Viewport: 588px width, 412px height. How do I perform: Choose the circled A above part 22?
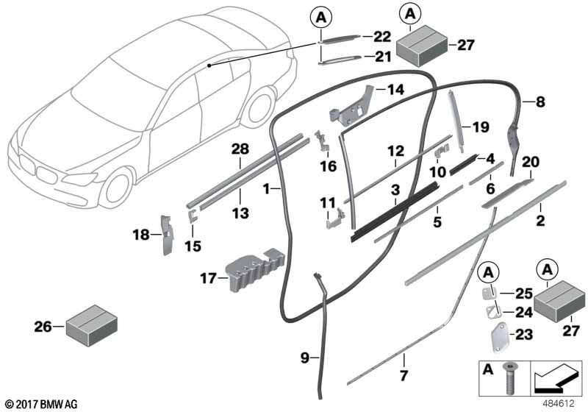321,15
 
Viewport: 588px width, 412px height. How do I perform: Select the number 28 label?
239,150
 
